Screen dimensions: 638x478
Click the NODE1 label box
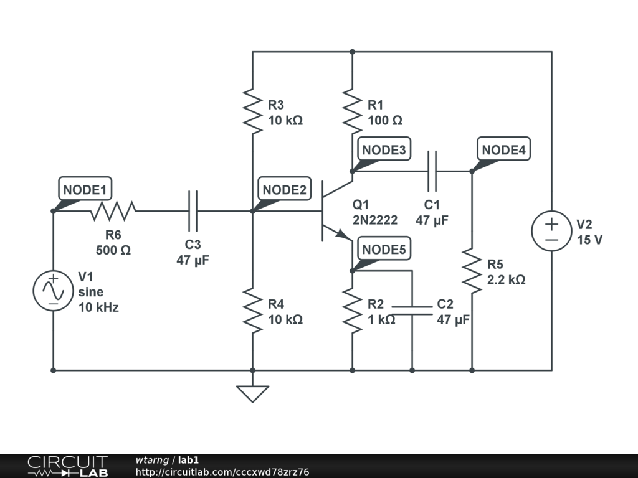point(85,189)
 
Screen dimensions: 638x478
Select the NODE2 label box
point(284,189)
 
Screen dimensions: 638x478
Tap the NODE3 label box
point(384,149)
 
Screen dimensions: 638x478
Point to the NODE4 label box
point(503,149)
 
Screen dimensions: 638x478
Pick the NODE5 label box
point(384,248)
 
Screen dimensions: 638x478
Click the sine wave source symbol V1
point(54,291)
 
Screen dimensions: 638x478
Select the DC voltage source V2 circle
point(552,231)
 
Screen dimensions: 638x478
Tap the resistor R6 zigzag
point(113,210)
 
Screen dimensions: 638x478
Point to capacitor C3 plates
point(193,210)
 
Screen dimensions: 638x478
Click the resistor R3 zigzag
point(252,111)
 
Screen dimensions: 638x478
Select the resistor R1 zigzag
point(353,111)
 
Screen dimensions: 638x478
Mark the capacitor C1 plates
point(432,171)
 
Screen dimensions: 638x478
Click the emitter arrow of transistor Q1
point(344,235)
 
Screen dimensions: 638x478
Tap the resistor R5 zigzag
point(472,271)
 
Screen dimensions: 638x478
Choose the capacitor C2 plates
point(412,311)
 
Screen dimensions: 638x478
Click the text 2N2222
point(374,220)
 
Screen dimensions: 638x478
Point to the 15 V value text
point(589,240)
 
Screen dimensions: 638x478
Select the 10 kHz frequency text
point(98,307)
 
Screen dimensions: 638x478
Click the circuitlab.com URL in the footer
point(222,472)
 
